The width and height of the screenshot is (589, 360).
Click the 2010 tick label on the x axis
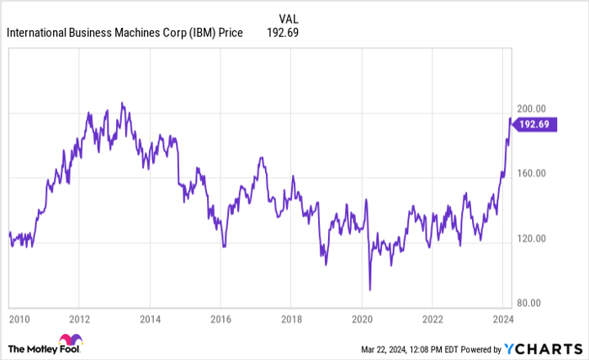20,320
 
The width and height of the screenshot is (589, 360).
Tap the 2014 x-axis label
150,320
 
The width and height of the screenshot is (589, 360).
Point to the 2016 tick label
220,320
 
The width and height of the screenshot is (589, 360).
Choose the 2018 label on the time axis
291,320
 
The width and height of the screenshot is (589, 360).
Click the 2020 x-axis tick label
362,320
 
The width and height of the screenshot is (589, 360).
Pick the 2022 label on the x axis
432,320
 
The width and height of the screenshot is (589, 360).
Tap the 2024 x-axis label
502,320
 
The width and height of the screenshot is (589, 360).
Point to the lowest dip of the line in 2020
370,289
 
